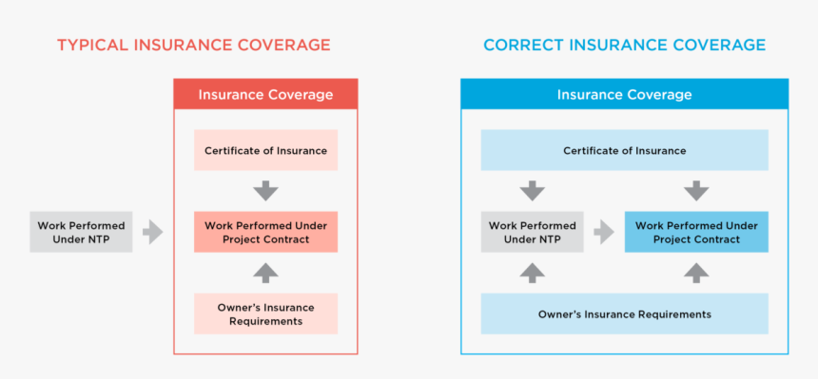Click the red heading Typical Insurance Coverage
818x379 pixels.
click(x=193, y=45)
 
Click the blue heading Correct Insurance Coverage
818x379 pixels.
click(x=625, y=45)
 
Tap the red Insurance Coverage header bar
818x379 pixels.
click(x=265, y=94)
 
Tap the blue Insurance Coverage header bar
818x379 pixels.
click(x=625, y=94)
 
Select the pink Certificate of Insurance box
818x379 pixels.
click(x=265, y=150)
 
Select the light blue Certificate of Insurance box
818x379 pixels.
click(x=625, y=150)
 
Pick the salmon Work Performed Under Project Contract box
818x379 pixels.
click(x=265, y=232)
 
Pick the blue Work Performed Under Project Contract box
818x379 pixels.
click(x=696, y=232)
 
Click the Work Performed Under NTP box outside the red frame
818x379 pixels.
click(x=81, y=232)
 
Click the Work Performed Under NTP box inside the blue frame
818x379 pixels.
click(x=532, y=232)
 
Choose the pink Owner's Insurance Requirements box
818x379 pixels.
click(x=265, y=313)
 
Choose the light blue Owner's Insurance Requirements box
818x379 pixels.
click(x=625, y=313)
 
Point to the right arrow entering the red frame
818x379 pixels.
click(x=153, y=232)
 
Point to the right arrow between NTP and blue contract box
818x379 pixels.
click(x=604, y=232)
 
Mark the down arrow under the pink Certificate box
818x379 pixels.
click(x=265, y=191)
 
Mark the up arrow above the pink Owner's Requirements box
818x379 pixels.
click(x=265, y=273)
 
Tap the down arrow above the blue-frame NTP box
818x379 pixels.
click(x=532, y=191)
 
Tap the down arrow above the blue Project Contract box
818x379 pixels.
click(x=696, y=191)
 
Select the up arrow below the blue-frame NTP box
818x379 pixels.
click(x=532, y=273)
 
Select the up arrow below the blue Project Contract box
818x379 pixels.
click(x=696, y=273)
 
